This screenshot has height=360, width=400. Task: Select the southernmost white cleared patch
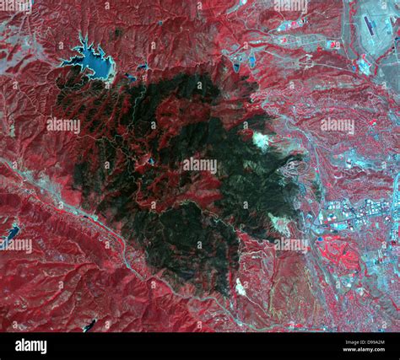coord(241,287)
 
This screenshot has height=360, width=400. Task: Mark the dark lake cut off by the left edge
coord(11,232)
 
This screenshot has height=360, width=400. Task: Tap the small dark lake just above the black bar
coord(89,325)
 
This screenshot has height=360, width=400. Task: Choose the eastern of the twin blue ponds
coord(251,61)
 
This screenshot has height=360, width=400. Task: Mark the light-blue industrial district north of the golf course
coord(346,211)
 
